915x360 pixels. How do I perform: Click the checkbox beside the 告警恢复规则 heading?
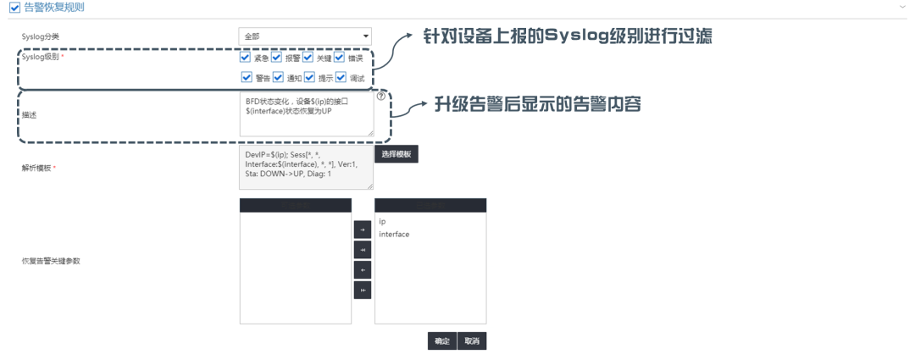(x=14, y=8)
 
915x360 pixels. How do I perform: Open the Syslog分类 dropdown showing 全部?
(x=305, y=36)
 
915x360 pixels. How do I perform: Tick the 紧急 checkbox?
(x=246, y=58)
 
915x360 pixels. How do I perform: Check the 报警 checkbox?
(x=276, y=58)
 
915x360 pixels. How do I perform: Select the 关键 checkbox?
(x=308, y=58)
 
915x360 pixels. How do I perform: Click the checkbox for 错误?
(x=340, y=58)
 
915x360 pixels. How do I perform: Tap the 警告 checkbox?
(x=247, y=78)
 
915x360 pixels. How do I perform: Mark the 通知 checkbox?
(x=278, y=78)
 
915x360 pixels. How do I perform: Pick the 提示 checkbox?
(x=309, y=78)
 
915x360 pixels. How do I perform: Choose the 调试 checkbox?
(x=341, y=78)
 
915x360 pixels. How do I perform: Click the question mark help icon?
(x=380, y=97)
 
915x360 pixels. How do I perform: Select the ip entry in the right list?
(x=383, y=222)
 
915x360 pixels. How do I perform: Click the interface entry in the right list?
(x=394, y=234)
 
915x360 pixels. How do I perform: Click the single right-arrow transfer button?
(x=362, y=229)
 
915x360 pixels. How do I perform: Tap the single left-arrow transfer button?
(x=362, y=269)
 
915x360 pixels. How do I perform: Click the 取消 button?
(x=471, y=341)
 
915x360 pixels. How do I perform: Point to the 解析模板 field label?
(x=36, y=168)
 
